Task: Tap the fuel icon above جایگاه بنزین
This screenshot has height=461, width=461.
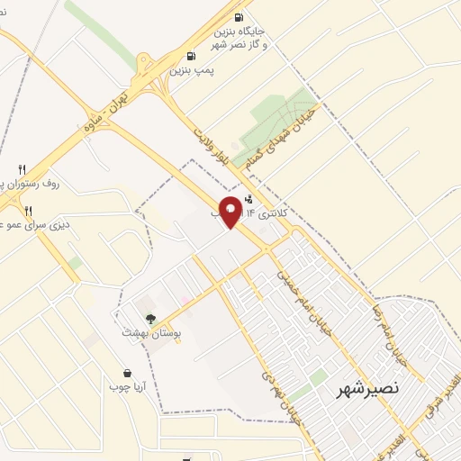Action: coord(239,17)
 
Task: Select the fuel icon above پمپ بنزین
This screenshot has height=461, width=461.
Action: coord(189,56)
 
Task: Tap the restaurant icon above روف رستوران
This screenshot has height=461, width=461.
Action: coord(23,168)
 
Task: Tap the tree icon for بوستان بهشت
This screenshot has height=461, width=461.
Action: coord(150,319)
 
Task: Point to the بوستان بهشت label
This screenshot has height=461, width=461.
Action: coord(151,333)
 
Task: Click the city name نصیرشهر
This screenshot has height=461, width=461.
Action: coord(359,390)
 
